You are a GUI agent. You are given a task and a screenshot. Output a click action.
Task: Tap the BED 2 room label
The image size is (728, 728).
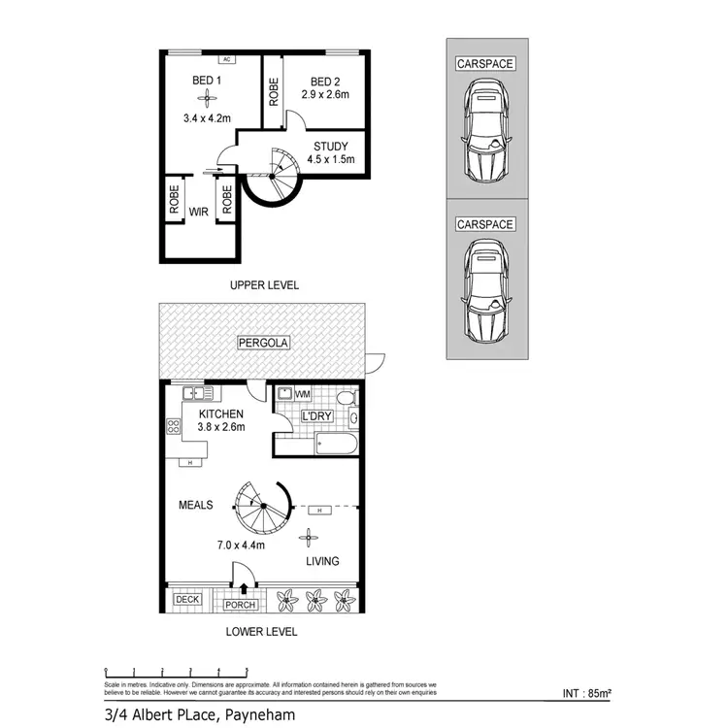pyautogui.click(x=325, y=82)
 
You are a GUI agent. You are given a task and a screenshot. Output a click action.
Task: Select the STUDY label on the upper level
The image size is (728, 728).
pyautogui.click(x=330, y=147)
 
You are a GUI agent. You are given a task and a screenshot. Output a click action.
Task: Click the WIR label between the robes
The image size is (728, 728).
pyautogui.click(x=200, y=210)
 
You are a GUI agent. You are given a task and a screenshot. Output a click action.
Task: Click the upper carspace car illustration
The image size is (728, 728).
pyautogui.click(x=486, y=130)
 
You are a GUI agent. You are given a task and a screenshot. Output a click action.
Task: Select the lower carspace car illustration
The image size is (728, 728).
pyautogui.click(x=486, y=290)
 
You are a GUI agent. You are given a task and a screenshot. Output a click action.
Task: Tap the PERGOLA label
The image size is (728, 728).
pyautogui.click(x=263, y=343)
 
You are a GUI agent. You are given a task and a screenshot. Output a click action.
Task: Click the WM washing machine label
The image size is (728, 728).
pyautogui.click(x=302, y=394)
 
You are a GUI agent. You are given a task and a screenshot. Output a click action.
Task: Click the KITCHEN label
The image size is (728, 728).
pyautogui.click(x=209, y=414)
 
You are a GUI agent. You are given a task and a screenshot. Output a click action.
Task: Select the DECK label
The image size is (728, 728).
pyautogui.click(x=187, y=599)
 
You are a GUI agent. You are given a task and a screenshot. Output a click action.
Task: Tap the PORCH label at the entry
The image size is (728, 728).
pyautogui.click(x=240, y=605)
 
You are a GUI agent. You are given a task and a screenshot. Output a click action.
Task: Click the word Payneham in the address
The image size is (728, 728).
pyautogui.click(x=262, y=715)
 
